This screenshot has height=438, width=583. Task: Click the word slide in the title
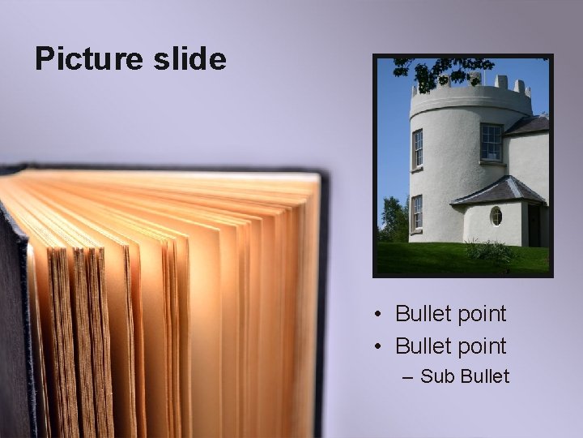tap(191, 58)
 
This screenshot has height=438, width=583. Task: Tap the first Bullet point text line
tap(450, 313)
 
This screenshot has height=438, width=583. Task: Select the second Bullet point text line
tap(450, 346)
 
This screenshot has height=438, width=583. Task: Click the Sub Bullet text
tap(465, 376)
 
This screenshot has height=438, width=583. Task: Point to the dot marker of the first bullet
tap(378, 314)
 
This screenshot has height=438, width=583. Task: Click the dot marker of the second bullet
tap(378, 346)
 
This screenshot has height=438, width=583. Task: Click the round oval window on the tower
tap(496, 216)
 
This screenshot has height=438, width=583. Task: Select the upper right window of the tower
tap(491, 143)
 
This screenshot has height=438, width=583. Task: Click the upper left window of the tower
tap(417, 148)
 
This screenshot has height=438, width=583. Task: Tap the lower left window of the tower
tap(416, 213)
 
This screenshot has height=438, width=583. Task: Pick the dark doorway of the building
tap(534, 225)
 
